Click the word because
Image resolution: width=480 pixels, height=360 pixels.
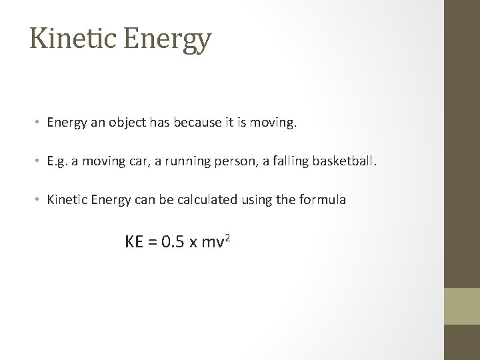[x=214, y=123]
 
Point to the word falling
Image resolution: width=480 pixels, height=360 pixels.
[x=288, y=161]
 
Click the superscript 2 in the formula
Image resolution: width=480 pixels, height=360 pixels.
[x=228, y=237]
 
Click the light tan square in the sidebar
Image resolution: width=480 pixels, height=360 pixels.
[x=462, y=306]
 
